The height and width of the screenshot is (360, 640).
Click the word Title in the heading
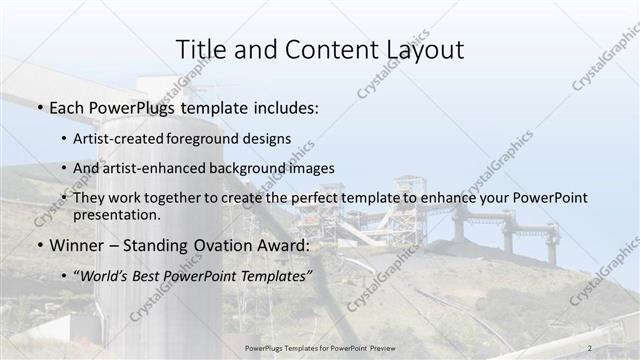click(x=198, y=49)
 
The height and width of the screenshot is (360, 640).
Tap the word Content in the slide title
click(x=322, y=49)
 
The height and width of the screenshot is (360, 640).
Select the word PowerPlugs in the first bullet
click(x=132, y=107)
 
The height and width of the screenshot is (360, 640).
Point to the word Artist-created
click(x=124, y=138)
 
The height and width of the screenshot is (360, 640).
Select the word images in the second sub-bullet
click(x=308, y=168)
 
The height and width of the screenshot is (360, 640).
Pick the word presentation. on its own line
click(x=117, y=214)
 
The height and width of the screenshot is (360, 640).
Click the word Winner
click(x=74, y=245)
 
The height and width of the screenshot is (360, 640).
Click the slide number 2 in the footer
click(x=591, y=347)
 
